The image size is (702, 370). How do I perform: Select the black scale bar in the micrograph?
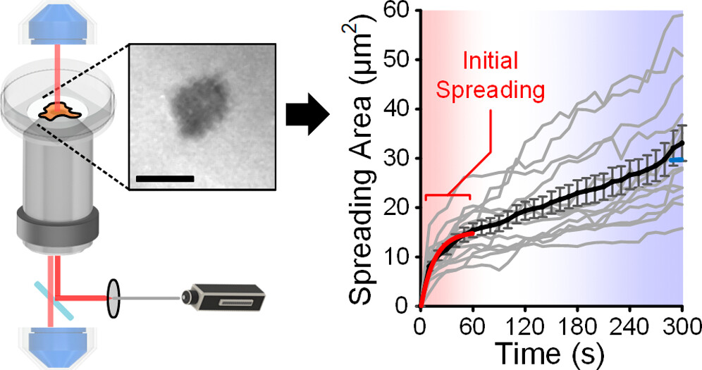click(164, 178)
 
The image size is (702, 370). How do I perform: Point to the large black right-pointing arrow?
click(308, 113)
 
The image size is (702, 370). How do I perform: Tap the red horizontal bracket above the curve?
click(448, 197)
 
